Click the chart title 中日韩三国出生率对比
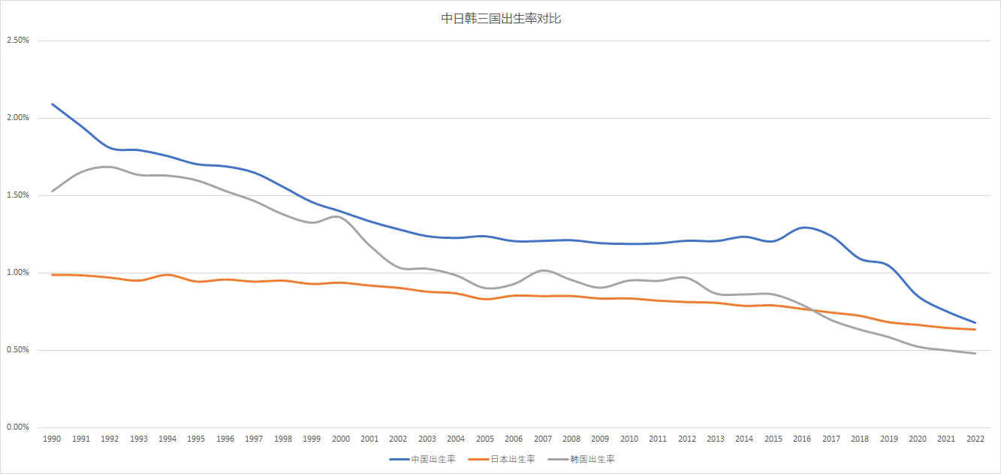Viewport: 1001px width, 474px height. tap(501, 19)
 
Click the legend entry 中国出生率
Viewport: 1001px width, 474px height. tap(433, 459)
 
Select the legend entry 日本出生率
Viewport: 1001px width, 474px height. tap(513, 459)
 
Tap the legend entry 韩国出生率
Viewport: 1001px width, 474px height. tap(592, 459)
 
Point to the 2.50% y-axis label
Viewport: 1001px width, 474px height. tap(17, 41)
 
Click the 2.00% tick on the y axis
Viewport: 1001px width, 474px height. tap(17, 118)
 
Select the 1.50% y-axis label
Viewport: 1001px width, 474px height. tap(17, 195)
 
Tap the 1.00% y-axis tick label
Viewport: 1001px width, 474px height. tap(17, 273)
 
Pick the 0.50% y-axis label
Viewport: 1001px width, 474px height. tap(17, 350)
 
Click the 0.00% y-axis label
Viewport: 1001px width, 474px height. tap(17, 427)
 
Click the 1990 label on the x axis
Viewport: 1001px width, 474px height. tap(52, 439)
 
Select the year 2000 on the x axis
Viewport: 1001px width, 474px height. tap(340, 439)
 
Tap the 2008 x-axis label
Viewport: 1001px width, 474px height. tap(571, 439)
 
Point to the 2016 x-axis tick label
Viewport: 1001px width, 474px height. tap(802, 439)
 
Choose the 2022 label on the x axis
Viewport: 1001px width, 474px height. tap(975, 439)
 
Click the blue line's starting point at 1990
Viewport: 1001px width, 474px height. tap(52, 104)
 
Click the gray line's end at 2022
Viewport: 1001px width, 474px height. tap(975, 353)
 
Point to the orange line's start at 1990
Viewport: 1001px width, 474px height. tap(52, 275)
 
